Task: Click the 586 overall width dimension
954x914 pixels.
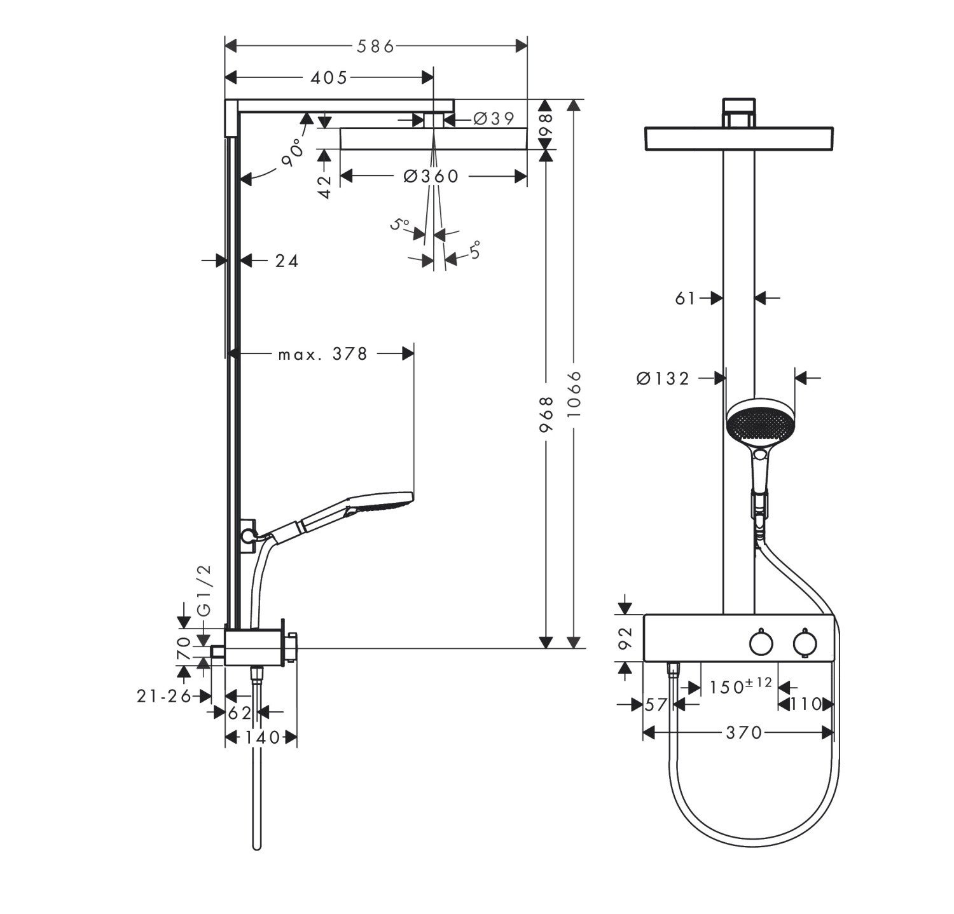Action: click(375, 46)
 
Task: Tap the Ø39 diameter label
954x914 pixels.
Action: click(494, 118)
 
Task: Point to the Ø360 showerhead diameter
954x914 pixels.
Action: click(431, 176)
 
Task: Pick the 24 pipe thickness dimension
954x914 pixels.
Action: click(287, 261)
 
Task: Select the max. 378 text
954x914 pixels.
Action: click(323, 354)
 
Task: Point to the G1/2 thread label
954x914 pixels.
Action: click(204, 590)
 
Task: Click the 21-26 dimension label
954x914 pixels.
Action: click(164, 697)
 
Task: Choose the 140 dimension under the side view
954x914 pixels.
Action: click(261, 737)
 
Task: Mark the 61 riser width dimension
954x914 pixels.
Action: click(685, 297)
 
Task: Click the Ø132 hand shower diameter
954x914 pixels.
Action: click(663, 379)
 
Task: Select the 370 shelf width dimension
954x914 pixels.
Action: click(743, 733)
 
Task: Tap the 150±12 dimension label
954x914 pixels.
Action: click(740, 686)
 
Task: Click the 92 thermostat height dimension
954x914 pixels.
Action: click(625, 638)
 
